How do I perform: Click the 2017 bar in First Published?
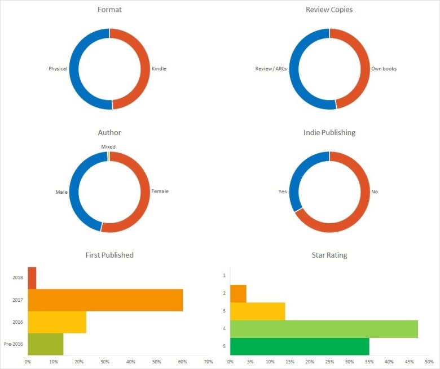pos(105,300)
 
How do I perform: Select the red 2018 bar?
pos(32,278)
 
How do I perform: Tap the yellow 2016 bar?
pos(57,322)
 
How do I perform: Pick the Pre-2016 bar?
pos(46,344)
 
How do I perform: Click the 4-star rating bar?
pos(324,329)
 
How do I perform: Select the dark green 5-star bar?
pos(300,346)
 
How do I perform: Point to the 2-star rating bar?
pos(238,293)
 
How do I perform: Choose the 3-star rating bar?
pos(257,311)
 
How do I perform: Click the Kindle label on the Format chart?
pos(159,69)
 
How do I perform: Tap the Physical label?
pos(58,69)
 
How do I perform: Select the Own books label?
pos(384,69)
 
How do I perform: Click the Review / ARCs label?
pos(272,69)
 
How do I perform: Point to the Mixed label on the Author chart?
pos(108,146)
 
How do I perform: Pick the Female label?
pos(160,191)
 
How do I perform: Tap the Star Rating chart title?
pos(329,255)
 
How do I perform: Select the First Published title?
pos(109,255)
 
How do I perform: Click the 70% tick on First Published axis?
pos(208,361)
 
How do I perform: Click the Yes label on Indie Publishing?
pos(283,191)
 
